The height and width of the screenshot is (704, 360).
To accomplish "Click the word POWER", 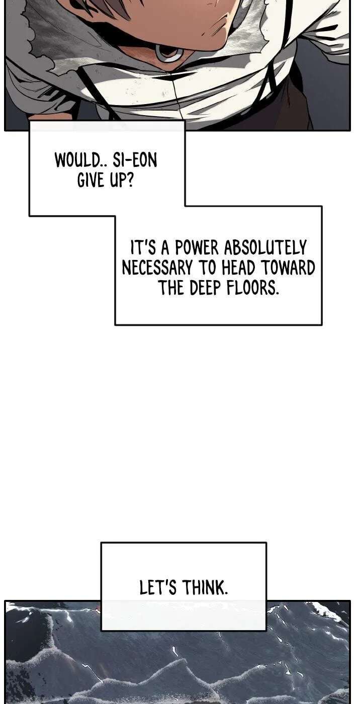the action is [x=197, y=248].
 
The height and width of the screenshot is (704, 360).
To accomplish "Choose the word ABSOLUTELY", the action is [x=265, y=248].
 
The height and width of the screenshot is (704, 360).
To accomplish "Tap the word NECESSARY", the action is [x=157, y=268].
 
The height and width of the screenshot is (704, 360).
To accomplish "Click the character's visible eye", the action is [x=169, y=53].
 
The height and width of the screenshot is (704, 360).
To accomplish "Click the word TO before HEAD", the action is [x=207, y=268].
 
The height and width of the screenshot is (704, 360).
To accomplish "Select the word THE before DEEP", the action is [x=172, y=287].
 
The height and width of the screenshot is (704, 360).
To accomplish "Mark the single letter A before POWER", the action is [x=165, y=248].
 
